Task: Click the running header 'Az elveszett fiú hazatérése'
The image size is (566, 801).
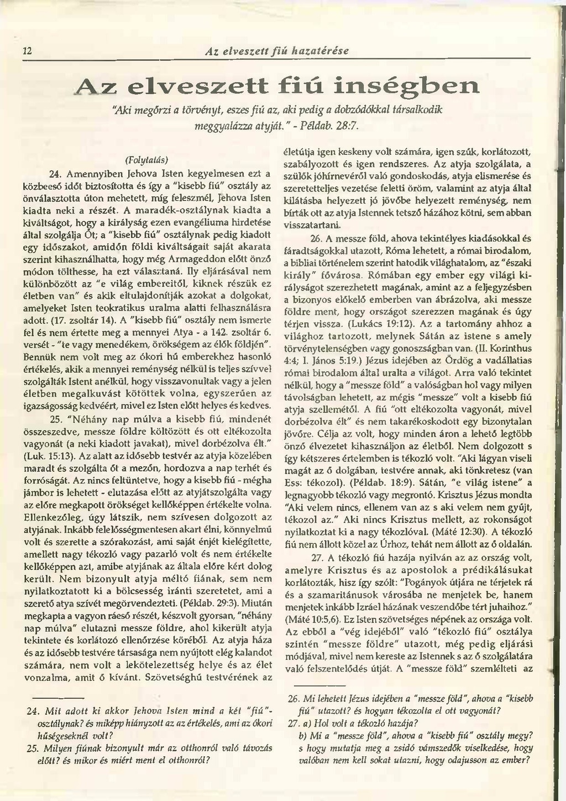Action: [x=276, y=51]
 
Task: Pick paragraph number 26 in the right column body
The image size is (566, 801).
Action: [x=316, y=238]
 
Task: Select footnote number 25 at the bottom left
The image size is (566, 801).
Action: [x=32, y=748]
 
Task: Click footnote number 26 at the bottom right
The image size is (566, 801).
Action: [x=294, y=698]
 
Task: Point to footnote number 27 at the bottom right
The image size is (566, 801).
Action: [x=294, y=723]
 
